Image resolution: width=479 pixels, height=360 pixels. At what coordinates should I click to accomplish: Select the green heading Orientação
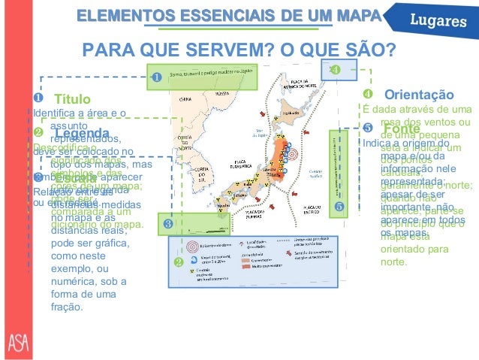coord(418,95)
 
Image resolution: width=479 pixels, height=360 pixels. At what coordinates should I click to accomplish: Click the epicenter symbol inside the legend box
coord(191,245)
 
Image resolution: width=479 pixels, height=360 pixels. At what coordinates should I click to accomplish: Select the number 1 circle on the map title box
coord(158,77)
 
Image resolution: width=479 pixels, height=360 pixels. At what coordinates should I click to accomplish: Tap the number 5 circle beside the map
coord(339,205)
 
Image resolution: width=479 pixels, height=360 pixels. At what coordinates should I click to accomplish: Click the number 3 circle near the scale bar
coord(167,223)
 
